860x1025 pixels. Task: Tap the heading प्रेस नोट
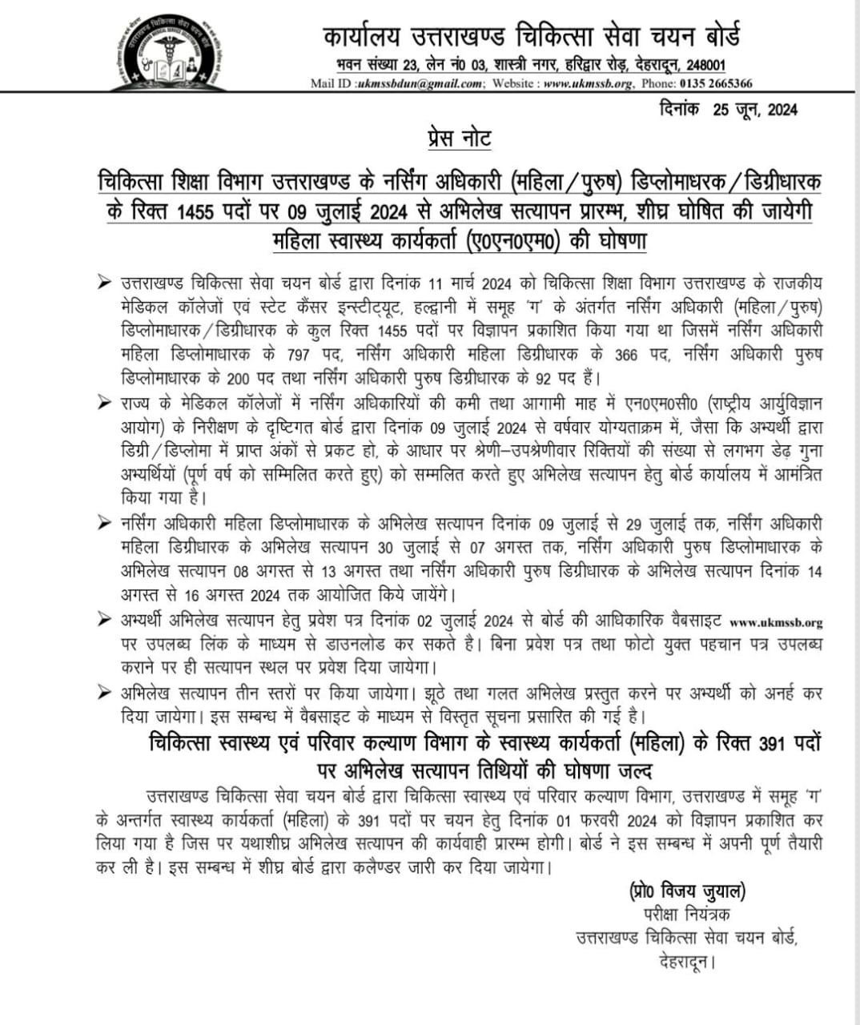click(x=459, y=139)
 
